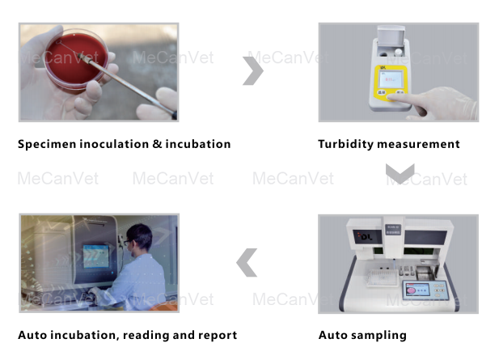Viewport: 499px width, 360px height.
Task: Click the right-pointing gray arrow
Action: [253, 71]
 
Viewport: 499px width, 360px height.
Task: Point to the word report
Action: [218, 336]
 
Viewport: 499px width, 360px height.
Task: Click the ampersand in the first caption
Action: [153, 145]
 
